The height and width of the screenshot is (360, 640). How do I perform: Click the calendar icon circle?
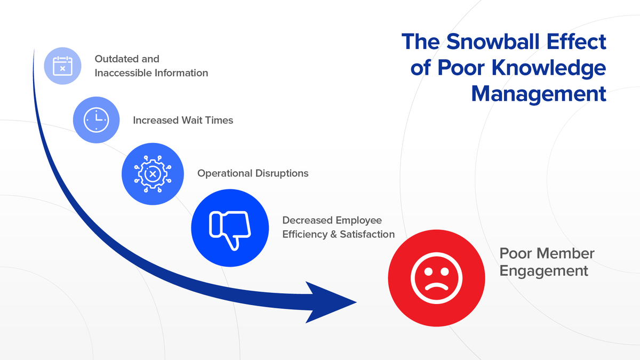(62, 66)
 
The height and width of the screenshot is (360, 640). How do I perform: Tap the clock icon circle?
(96, 119)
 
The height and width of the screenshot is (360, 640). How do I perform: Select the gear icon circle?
(152, 173)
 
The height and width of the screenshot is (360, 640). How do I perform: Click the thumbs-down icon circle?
(229, 228)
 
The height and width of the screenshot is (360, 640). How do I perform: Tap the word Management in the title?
(539, 94)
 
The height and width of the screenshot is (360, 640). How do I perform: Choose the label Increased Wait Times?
(183, 120)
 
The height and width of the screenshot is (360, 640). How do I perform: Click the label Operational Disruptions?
(253, 173)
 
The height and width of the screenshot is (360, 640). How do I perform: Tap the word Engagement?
(543, 271)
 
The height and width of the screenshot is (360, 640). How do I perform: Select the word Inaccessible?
(123, 73)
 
